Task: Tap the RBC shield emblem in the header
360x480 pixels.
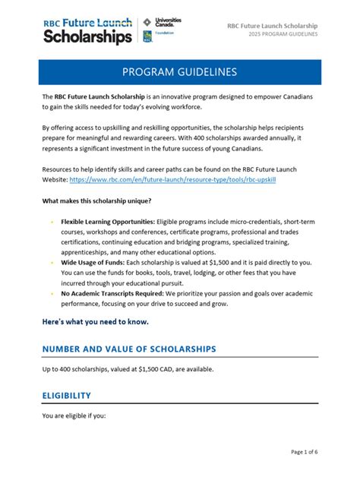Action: tap(147, 37)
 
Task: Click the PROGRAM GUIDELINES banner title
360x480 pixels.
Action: tap(179, 72)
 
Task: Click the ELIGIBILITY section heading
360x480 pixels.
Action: tap(67, 396)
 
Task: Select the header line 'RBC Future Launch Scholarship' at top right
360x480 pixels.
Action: tap(272, 26)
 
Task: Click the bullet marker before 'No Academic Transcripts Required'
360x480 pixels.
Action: tap(52, 292)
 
